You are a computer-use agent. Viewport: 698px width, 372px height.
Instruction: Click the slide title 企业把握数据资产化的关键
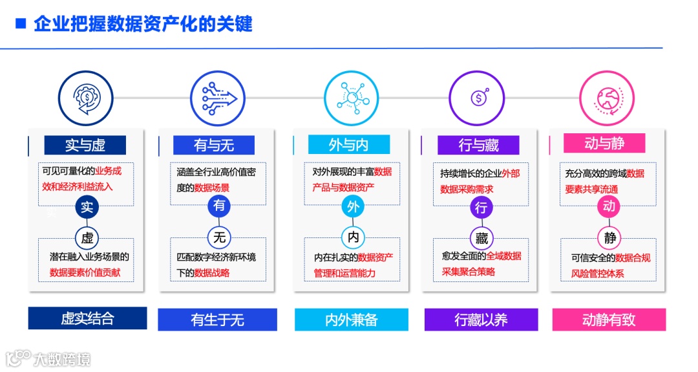click(x=143, y=25)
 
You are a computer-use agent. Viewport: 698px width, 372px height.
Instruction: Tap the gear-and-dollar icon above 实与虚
click(x=86, y=98)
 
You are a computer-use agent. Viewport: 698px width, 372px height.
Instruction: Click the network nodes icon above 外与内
click(x=351, y=98)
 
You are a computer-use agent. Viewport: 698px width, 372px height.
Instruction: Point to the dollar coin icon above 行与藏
click(x=479, y=98)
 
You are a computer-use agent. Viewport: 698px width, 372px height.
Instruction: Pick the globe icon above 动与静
click(x=606, y=98)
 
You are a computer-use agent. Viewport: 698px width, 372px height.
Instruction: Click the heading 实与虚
click(x=85, y=145)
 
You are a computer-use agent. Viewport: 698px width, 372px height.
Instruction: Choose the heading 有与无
click(x=214, y=145)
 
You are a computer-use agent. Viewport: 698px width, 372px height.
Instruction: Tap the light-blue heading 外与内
click(x=348, y=144)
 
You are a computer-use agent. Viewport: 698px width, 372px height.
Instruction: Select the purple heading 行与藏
click(x=478, y=145)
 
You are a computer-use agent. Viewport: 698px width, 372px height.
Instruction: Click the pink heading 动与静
click(x=604, y=143)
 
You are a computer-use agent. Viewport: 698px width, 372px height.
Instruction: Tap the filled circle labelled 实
click(x=87, y=207)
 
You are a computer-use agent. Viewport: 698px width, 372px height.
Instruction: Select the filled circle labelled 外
click(x=353, y=207)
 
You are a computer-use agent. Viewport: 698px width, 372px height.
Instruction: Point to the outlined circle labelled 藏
click(x=481, y=238)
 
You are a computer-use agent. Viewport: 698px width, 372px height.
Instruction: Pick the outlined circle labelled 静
click(x=609, y=237)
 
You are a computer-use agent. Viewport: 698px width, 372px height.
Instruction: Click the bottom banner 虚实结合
click(x=87, y=318)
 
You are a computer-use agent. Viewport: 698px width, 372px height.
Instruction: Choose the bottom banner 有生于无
click(x=217, y=320)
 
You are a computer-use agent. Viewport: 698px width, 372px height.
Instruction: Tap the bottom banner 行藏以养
click(x=481, y=320)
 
